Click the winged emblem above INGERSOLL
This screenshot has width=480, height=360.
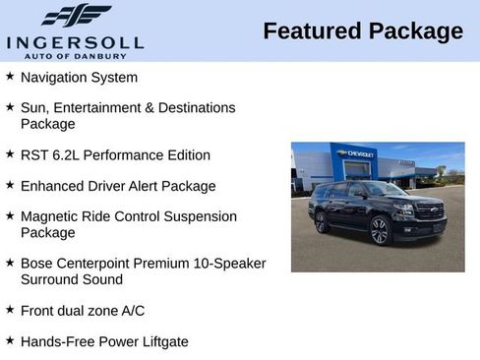pos(76,16)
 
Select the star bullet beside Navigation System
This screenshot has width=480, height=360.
pos(10,76)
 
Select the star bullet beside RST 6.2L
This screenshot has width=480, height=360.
pos(10,154)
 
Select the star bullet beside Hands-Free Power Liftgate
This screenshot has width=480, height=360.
pos(10,340)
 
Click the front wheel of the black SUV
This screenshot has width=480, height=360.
pos(379,231)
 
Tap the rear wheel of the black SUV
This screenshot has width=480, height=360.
pos(322,222)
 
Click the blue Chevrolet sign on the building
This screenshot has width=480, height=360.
pos(355,154)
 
